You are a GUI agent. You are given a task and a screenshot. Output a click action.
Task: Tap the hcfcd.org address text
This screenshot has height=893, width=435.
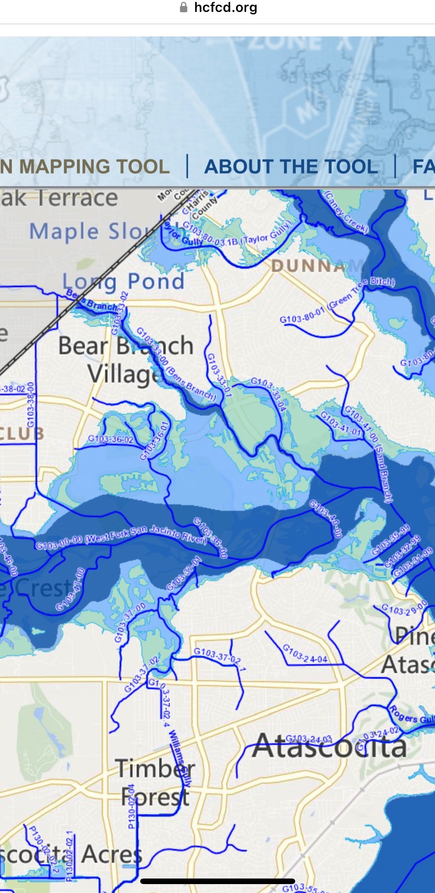pos(225,7)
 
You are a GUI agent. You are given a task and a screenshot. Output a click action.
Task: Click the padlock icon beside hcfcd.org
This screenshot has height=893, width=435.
pos(184,7)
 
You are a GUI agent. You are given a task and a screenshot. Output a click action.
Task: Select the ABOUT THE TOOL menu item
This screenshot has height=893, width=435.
pos(291,166)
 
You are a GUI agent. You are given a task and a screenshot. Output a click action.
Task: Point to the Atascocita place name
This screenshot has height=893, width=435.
pos(329,746)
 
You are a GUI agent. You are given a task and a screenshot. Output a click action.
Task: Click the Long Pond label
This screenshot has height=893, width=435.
pos(123,281)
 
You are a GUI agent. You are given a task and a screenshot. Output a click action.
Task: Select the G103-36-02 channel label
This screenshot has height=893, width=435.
pos(110,439)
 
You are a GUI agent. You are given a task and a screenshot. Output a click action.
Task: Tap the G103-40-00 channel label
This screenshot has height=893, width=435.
pos(326,520)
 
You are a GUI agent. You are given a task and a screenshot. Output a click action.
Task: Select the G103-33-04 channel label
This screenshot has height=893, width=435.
pos(268,394)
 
